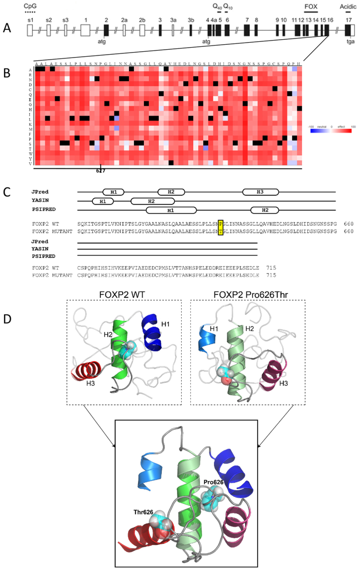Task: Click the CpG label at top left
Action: pos(31,6)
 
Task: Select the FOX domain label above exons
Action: pos(311,6)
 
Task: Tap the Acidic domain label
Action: pos(348,6)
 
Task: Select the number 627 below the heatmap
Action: pos(101,172)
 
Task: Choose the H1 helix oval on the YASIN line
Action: pos(103,201)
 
